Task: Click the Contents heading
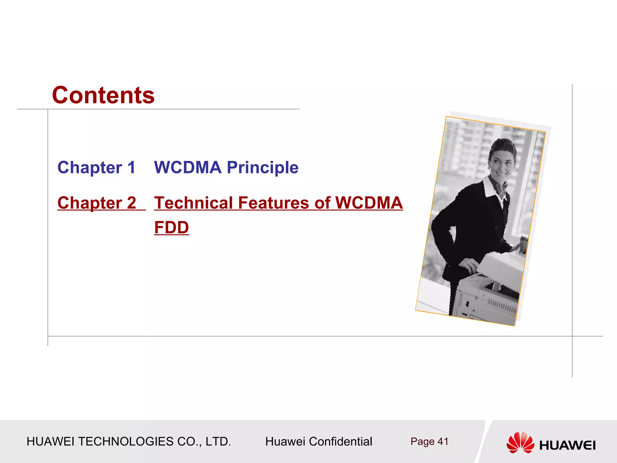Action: click(x=103, y=95)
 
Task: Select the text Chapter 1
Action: click(x=96, y=168)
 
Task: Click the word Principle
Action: click(x=262, y=168)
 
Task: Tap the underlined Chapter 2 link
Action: click(x=97, y=203)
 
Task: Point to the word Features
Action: click(x=274, y=203)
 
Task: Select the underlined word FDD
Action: click(x=171, y=228)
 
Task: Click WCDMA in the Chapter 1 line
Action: click(x=188, y=168)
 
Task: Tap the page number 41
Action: click(x=443, y=442)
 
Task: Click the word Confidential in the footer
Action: click(x=340, y=442)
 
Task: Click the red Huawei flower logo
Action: click(x=520, y=443)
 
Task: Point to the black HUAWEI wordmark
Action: click(x=567, y=445)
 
